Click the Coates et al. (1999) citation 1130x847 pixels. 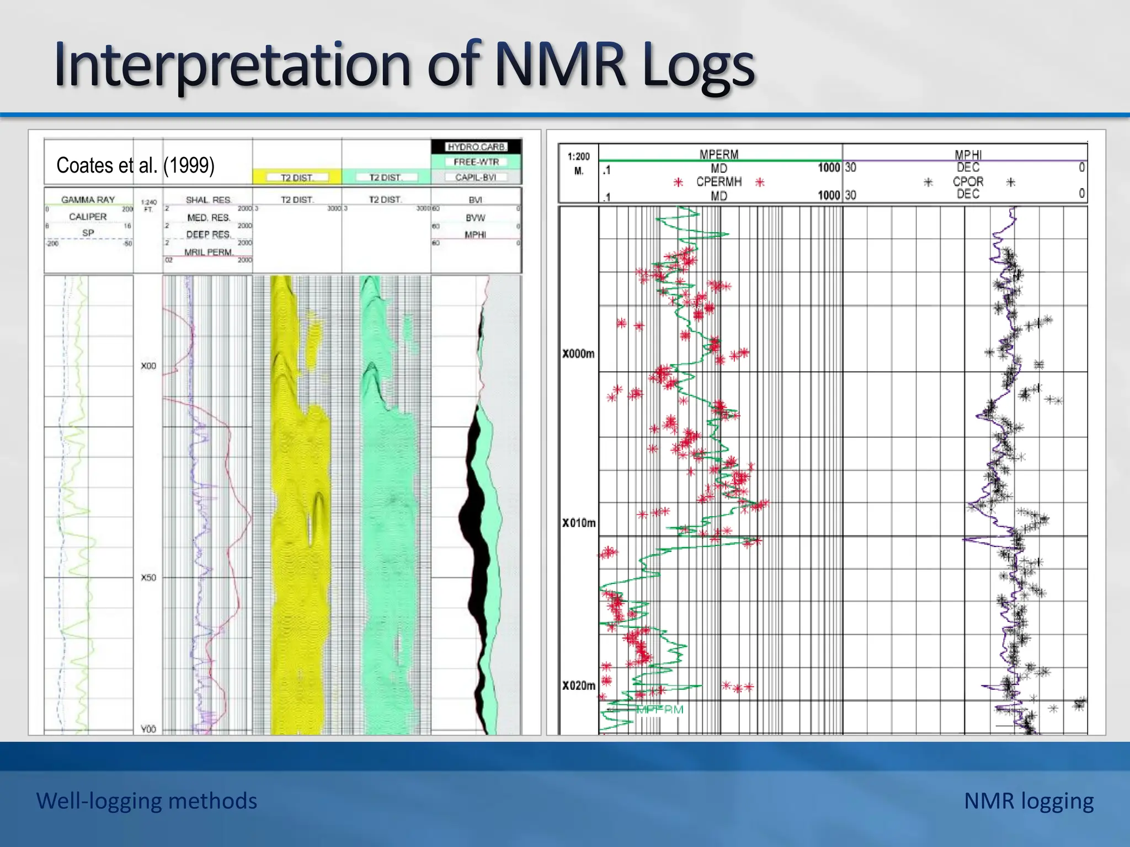click(135, 165)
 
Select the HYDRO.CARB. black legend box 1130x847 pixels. click(476, 147)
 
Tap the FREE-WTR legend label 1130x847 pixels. click(476, 162)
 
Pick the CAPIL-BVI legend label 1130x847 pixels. click(476, 177)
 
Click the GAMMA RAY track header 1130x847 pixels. click(88, 200)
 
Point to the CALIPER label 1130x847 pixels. click(88, 217)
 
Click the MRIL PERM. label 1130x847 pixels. click(208, 252)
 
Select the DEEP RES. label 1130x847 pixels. click(208, 234)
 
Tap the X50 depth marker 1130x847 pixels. click(148, 577)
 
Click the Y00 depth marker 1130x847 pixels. click(148, 729)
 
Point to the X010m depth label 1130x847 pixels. click(579, 523)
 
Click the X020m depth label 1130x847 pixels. click(579, 685)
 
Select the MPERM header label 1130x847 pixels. click(719, 154)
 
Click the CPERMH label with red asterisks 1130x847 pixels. click(719, 182)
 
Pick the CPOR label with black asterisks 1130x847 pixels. click(968, 181)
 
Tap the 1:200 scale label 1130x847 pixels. click(579, 157)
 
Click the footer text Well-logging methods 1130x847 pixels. click(147, 801)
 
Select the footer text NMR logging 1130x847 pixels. click(1028, 801)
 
